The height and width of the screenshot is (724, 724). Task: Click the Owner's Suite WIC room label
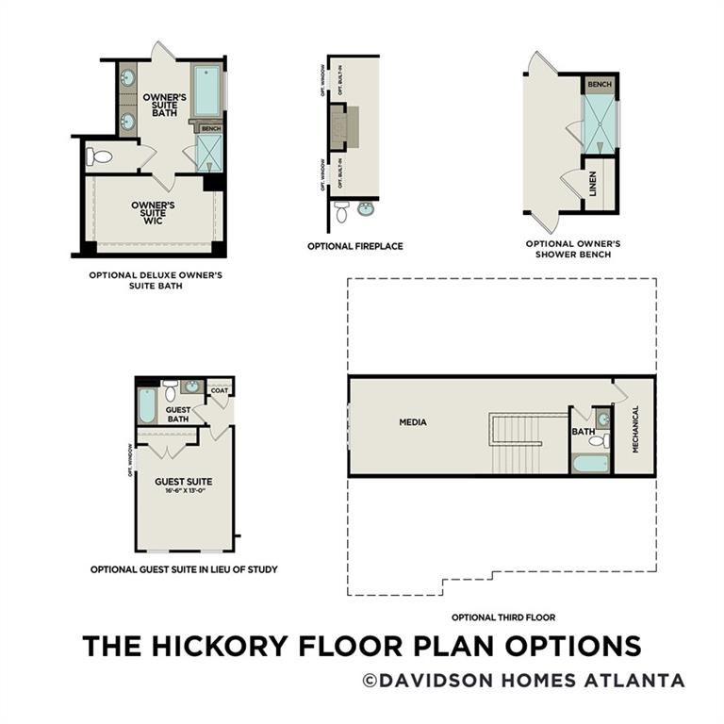coord(153,213)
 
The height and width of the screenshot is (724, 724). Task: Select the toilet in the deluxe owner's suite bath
coord(99,157)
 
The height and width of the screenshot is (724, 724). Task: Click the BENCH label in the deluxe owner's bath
coord(210,128)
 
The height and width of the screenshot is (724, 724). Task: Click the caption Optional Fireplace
coord(354,246)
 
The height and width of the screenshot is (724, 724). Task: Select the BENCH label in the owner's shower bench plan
coord(600,85)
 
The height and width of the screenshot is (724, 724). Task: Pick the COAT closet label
coord(220,389)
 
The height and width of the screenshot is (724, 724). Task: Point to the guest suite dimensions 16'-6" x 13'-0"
coord(184,492)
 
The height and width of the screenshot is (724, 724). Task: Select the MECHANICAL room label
coord(635,429)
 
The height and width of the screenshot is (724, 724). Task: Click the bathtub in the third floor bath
coord(590,463)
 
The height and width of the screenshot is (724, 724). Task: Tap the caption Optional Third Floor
coord(502,617)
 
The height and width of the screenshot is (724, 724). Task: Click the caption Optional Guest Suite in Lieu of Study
coord(183,569)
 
